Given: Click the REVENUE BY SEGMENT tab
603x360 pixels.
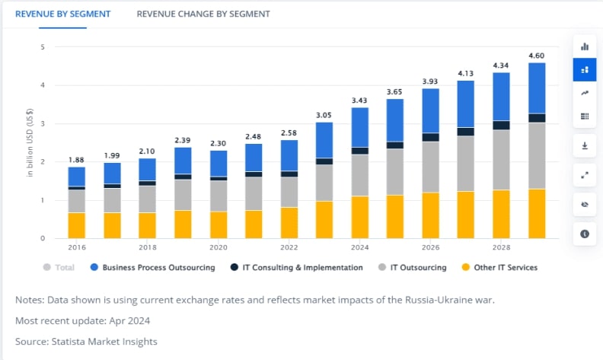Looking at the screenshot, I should pyautogui.click(x=62, y=14).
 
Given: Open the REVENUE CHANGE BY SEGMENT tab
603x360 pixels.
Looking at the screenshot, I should pyautogui.click(x=203, y=14).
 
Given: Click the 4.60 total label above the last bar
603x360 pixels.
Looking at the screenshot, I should pyautogui.click(x=537, y=55).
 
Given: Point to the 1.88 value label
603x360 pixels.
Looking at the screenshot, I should pyautogui.click(x=77, y=159).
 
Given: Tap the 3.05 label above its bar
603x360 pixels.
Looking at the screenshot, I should pyautogui.click(x=324, y=114).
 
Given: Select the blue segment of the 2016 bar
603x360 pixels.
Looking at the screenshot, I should pyautogui.click(x=77, y=177).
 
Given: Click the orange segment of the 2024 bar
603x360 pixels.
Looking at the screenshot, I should pyautogui.click(x=360, y=217).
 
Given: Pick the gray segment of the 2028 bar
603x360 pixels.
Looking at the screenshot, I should pyautogui.click(x=501, y=160).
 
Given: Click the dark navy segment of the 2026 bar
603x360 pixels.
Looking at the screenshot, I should pyautogui.click(x=431, y=137).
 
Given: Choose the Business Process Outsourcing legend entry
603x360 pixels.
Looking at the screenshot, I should pyautogui.click(x=152, y=267).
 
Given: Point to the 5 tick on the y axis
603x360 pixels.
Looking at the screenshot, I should pyautogui.click(x=43, y=47).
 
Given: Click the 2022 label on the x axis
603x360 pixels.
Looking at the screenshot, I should pyautogui.click(x=289, y=247).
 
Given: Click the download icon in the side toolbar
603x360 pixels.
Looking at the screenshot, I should pyautogui.click(x=585, y=145).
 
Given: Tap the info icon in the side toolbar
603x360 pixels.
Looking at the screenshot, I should pyautogui.click(x=585, y=234).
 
